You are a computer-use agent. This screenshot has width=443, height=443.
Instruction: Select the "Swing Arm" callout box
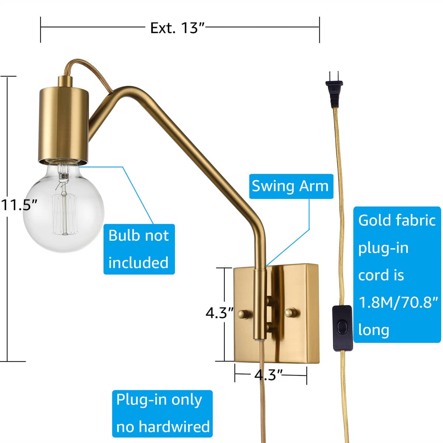tap(290, 186)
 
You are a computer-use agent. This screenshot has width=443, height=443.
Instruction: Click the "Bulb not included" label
tap(139, 249)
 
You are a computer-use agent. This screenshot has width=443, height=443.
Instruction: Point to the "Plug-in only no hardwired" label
tap(162, 413)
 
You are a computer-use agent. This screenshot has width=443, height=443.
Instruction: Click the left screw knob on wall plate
tap(244, 314)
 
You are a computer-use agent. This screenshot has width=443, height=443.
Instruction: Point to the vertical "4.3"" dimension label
tap(220, 313)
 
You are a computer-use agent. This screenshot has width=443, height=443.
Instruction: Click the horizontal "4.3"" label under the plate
tap(268, 375)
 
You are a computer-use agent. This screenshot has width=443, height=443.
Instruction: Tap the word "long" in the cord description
tap(374, 330)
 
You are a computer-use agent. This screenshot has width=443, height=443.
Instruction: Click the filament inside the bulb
tap(64, 207)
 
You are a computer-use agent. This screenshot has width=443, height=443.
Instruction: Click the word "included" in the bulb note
tap(138, 263)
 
